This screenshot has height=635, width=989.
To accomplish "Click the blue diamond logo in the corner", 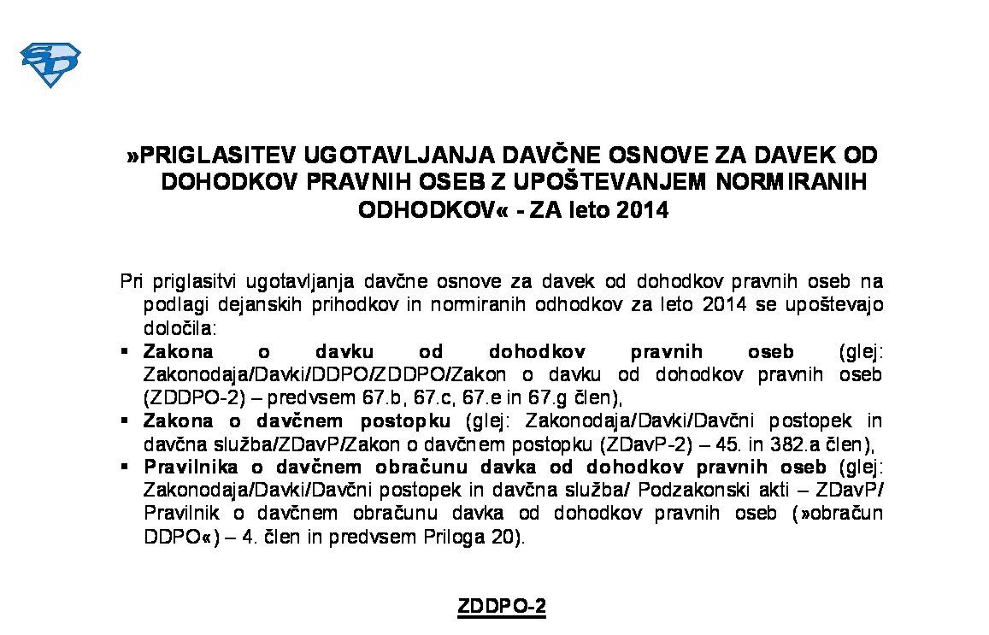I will (x=50, y=65).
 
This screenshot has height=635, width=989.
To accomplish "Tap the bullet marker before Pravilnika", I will (x=125, y=467).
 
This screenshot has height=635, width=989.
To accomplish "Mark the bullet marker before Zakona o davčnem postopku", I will (x=125, y=420).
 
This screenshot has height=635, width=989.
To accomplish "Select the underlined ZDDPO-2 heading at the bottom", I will (x=502, y=607).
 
